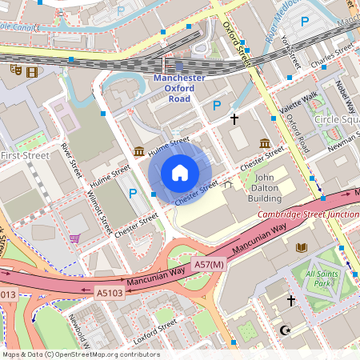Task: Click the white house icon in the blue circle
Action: coord(180,173)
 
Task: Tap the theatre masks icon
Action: coord(14,70)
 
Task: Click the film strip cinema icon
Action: coord(31,71)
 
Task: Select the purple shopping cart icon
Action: coord(74,238)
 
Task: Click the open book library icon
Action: coord(301,247)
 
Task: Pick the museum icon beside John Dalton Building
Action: coord(264,143)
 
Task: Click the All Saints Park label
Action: coord(322,279)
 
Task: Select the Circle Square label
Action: coord(336,119)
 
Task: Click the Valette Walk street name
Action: coord(297,103)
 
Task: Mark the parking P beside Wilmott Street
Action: coord(133,193)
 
